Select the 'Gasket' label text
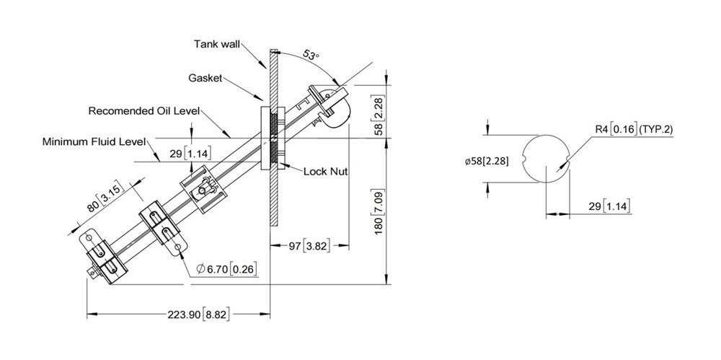click(x=205, y=77)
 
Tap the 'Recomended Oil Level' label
click(x=143, y=111)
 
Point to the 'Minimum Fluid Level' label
click(x=94, y=141)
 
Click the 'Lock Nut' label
click(x=325, y=171)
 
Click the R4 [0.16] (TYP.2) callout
click(x=634, y=129)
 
